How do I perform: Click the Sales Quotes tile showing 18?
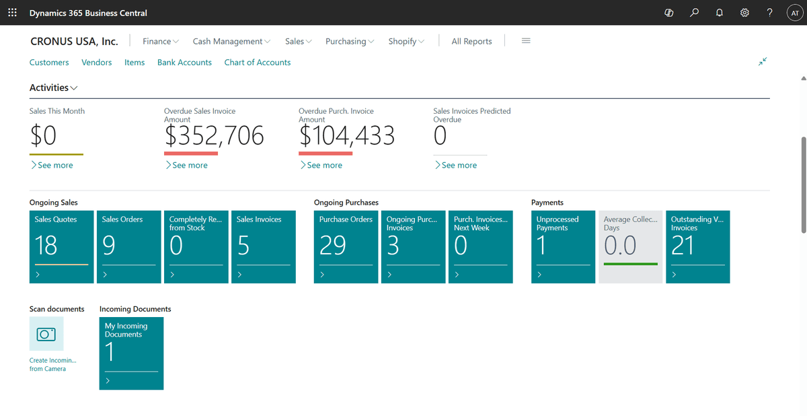61,246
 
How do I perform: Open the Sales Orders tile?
128,246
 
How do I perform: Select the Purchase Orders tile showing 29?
346,246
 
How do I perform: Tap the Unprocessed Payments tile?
563,246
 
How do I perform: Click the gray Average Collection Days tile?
630,246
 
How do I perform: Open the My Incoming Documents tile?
131,353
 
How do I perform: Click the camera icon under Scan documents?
46,334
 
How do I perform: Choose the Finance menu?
160,41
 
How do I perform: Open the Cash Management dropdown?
231,41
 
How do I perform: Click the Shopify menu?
406,41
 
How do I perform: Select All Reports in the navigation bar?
471,41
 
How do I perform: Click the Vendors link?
96,62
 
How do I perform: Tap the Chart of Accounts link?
257,62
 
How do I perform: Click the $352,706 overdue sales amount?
214,137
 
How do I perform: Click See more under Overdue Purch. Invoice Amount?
324,165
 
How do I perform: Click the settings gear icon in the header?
744,13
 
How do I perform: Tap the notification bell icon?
719,13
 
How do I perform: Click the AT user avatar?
794,13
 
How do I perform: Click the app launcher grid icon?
12,13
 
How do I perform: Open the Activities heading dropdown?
53,88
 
